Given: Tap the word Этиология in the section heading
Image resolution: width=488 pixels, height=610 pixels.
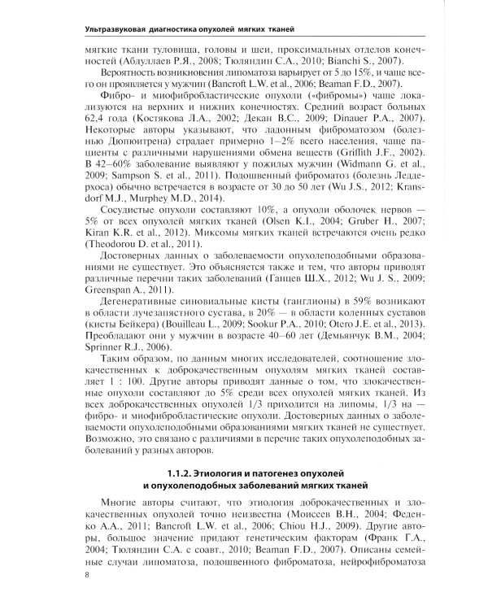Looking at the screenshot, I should pyautogui.click(x=223, y=473).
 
